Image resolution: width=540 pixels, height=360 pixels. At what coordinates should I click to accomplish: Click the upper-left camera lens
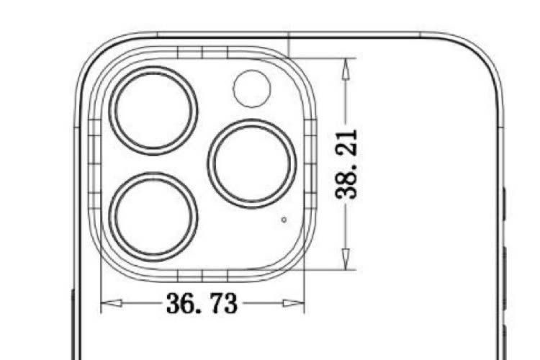tap(153, 109)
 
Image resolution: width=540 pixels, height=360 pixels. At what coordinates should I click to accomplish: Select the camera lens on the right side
tap(252, 163)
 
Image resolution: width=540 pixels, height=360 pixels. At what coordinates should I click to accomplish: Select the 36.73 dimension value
tap(202, 303)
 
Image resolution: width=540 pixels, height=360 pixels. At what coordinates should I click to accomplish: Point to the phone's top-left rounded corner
tap(94, 54)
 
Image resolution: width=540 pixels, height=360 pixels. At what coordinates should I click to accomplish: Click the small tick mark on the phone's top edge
tap(289, 35)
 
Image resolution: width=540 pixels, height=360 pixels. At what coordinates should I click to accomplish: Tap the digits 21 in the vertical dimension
tap(347, 143)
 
